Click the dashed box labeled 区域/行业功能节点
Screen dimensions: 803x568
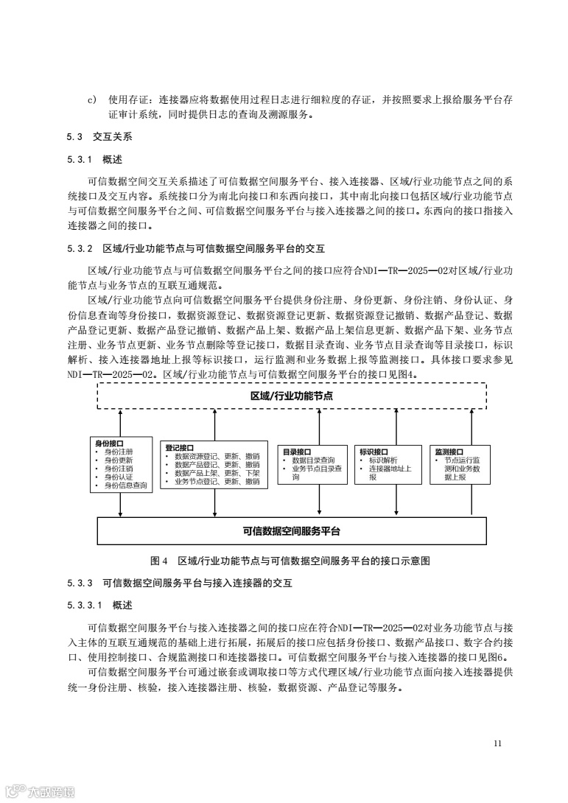coord(292,396)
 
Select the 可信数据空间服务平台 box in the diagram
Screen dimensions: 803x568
coord(292,530)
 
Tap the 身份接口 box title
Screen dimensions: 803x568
coord(109,443)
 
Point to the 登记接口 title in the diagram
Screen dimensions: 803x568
coord(180,447)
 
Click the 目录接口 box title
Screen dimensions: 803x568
coord(297,452)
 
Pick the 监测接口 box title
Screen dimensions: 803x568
coord(449,452)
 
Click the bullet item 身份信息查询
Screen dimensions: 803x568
coord(125,485)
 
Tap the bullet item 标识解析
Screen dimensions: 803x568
coord(383,460)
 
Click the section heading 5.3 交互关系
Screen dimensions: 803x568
coord(99,137)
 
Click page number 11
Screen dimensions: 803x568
coord(498,743)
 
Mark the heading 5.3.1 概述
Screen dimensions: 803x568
coord(95,160)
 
